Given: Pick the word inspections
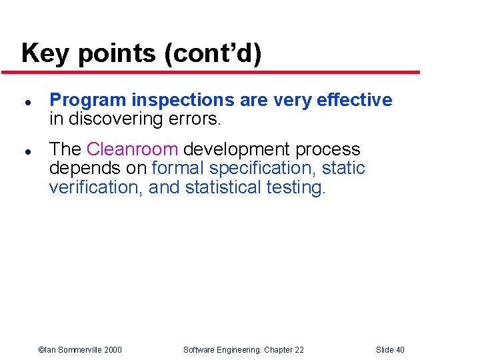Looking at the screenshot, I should coord(183,101).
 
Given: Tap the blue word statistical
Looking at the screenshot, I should coord(223,187).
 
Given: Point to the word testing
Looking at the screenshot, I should coord(295,187).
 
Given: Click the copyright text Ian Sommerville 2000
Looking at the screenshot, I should coord(80,349).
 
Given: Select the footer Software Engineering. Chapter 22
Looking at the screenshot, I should coord(244,349).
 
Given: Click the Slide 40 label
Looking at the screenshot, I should coord(390,349).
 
